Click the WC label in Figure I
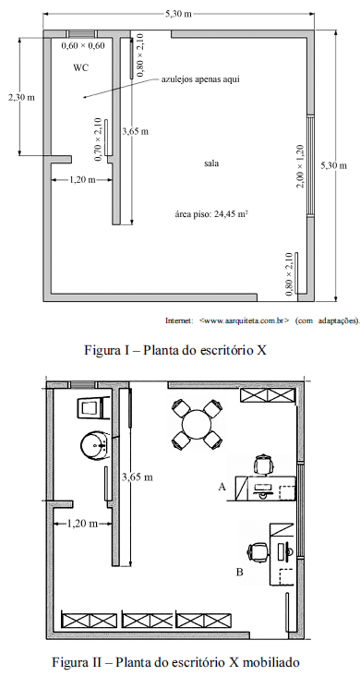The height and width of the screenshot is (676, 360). [81, 67]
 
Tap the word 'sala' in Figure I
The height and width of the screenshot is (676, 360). [211, 163]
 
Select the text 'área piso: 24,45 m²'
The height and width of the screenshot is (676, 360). [211, 213]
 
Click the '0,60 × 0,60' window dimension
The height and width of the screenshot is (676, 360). [83, 45]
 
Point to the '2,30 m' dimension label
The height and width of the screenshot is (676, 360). [21, 98]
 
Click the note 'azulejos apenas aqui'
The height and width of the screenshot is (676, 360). [199, 79]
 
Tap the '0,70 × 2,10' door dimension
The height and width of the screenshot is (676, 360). [98, 139]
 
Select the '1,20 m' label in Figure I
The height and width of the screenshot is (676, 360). [82, 180]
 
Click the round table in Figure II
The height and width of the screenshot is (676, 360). [197, 424]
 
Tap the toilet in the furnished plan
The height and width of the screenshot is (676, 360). [90, 408]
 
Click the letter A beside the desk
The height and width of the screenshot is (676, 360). [222, 488]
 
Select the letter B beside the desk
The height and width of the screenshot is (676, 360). [240, 572]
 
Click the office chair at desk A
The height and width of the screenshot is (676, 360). [263, 465]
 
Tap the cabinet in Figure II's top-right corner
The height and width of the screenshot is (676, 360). [269, 395]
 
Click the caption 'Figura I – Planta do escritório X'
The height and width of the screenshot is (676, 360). [175, 349]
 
